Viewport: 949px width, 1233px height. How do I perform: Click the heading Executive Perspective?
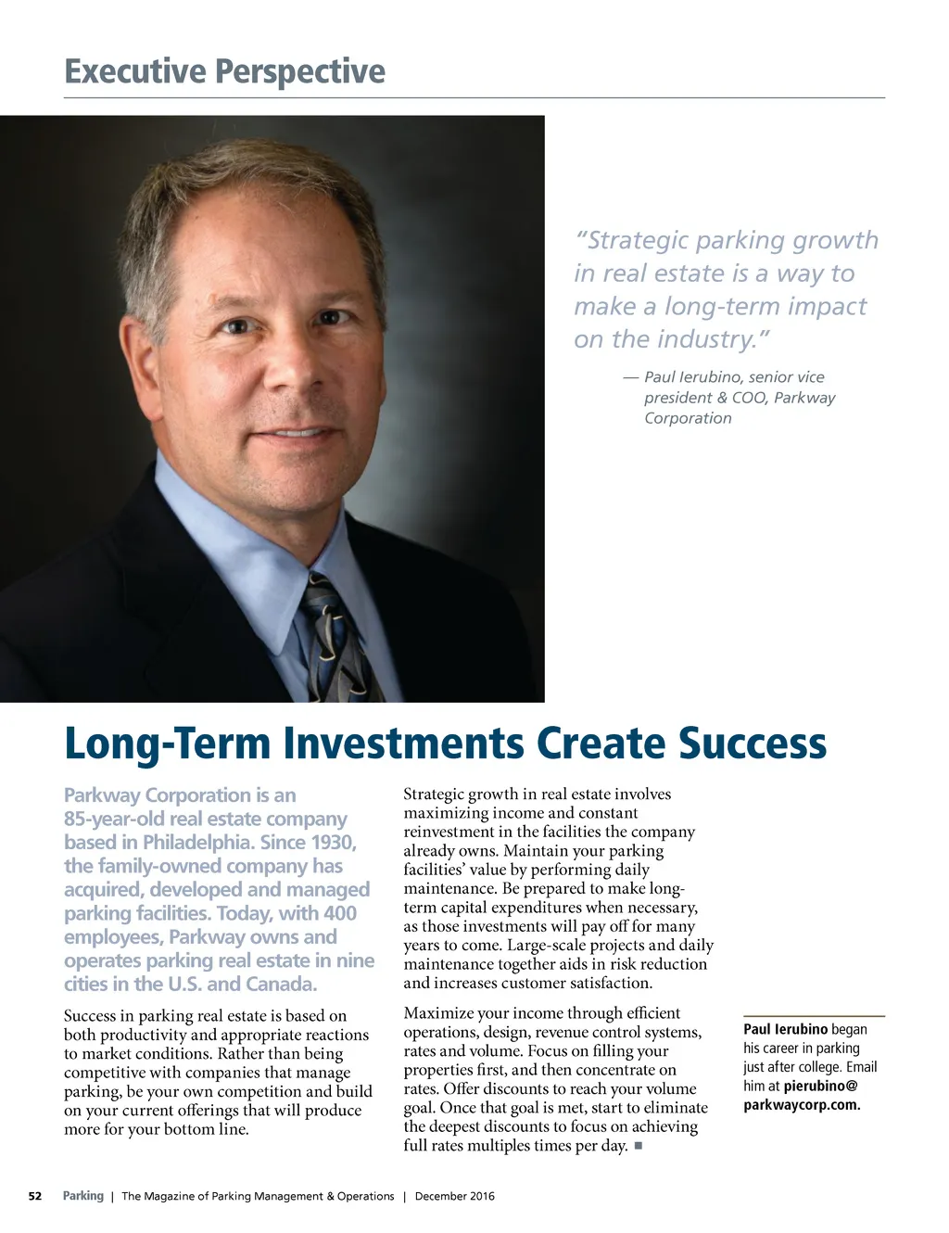click(x=224, y=71)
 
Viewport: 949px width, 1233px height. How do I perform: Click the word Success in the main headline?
click(x=752, y=744)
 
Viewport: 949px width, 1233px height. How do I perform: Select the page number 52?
click(x=35, y=1196)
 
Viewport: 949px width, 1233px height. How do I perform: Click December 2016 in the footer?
click(x=454, y=1196)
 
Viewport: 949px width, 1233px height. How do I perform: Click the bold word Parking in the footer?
click(x=83, y=1196)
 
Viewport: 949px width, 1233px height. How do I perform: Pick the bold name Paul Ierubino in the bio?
click(x=785, y=1029)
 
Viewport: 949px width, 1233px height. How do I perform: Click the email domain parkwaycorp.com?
click(x=802, y=1105)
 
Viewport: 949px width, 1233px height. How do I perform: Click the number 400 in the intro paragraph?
click(x=339, y=913)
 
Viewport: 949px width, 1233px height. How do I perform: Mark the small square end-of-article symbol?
click(x=639, y=1147)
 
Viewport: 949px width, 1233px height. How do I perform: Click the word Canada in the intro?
click(x=280, y=985)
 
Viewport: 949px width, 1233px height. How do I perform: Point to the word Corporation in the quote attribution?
click(x=688, y=418)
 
